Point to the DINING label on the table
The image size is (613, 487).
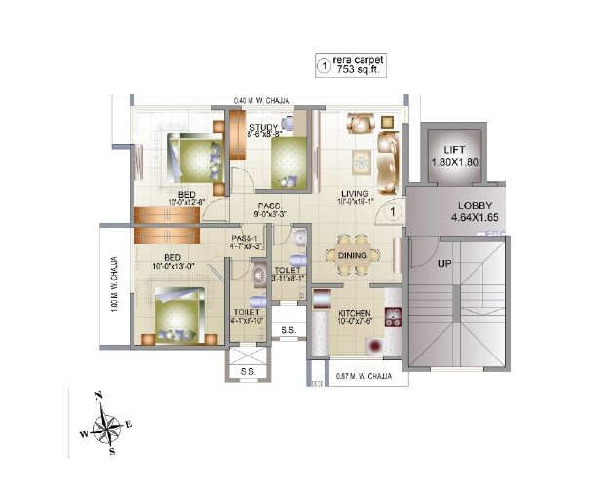point(352,255)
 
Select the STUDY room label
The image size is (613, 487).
point(263,128)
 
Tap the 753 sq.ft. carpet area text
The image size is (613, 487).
point(360,70)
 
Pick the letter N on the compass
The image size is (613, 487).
point(97,395)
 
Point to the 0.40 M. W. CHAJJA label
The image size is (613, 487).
point(262,99)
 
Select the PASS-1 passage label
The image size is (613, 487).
point(245,238)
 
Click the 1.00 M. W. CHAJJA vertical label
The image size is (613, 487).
point(115,283)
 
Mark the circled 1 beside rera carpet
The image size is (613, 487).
point(324,65)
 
